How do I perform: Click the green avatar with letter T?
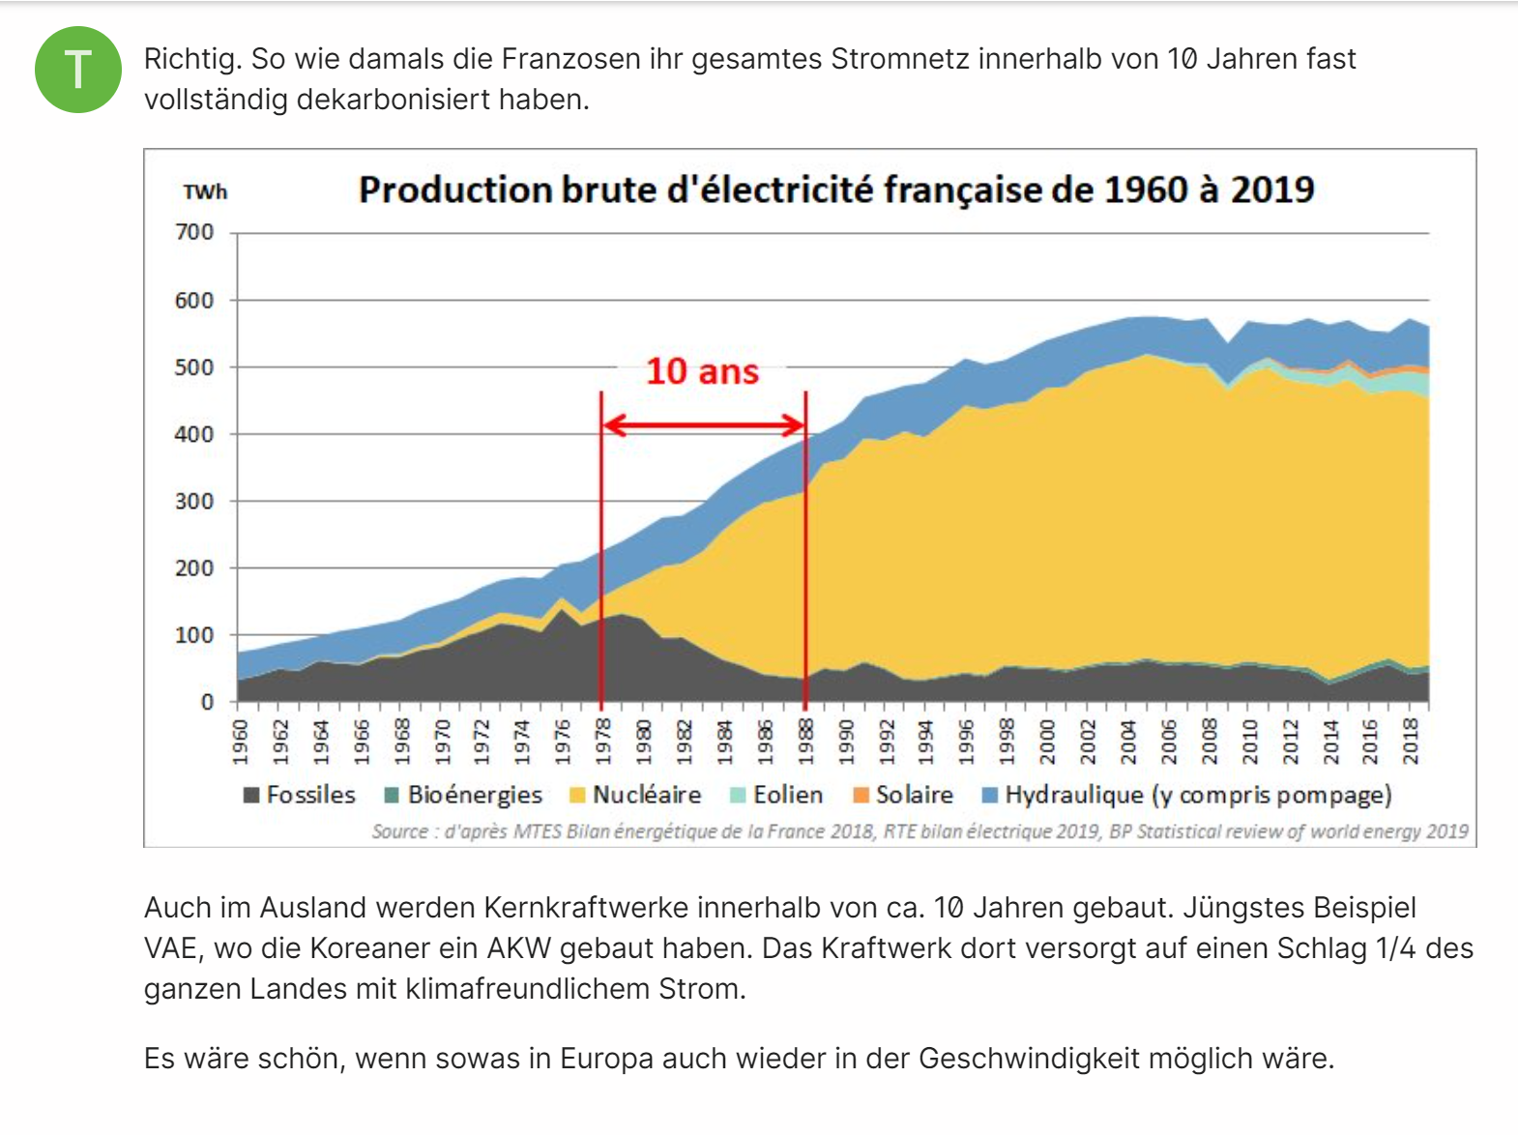[x=78, y=70]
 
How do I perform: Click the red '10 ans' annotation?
[x=702, y=371]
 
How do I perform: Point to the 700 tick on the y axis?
[x=194, y=232]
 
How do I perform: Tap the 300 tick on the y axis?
[x=194, y=501]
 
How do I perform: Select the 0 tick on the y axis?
[x=207, y=702]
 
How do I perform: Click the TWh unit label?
[x=205, y=192]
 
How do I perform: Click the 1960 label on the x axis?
[x=241, y=742]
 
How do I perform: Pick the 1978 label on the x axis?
[x=602, y=742]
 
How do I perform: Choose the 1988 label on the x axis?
[x=805, y=742]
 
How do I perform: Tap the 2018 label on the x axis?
[x=1411, y=742]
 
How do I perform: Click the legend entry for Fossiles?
[x=300, y=795]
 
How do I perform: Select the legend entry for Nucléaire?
[x=636, y=795]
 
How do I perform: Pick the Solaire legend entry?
[x=903, y=795]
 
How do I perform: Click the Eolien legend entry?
[x=776, y=795]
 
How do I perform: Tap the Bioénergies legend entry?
[x=463, y=795]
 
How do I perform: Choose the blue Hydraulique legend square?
[x=990, y=795]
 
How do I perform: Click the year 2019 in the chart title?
[x=1271, y=189]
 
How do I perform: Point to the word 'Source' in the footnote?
[x=399, y=831]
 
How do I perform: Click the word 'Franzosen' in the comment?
[x=571, y=59]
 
